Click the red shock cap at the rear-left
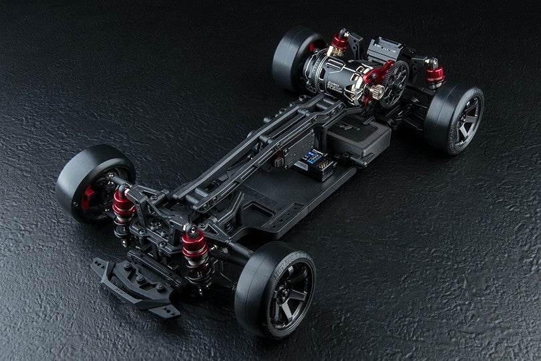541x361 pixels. (x=340, y=42)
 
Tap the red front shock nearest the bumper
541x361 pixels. (x=194, y=247)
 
